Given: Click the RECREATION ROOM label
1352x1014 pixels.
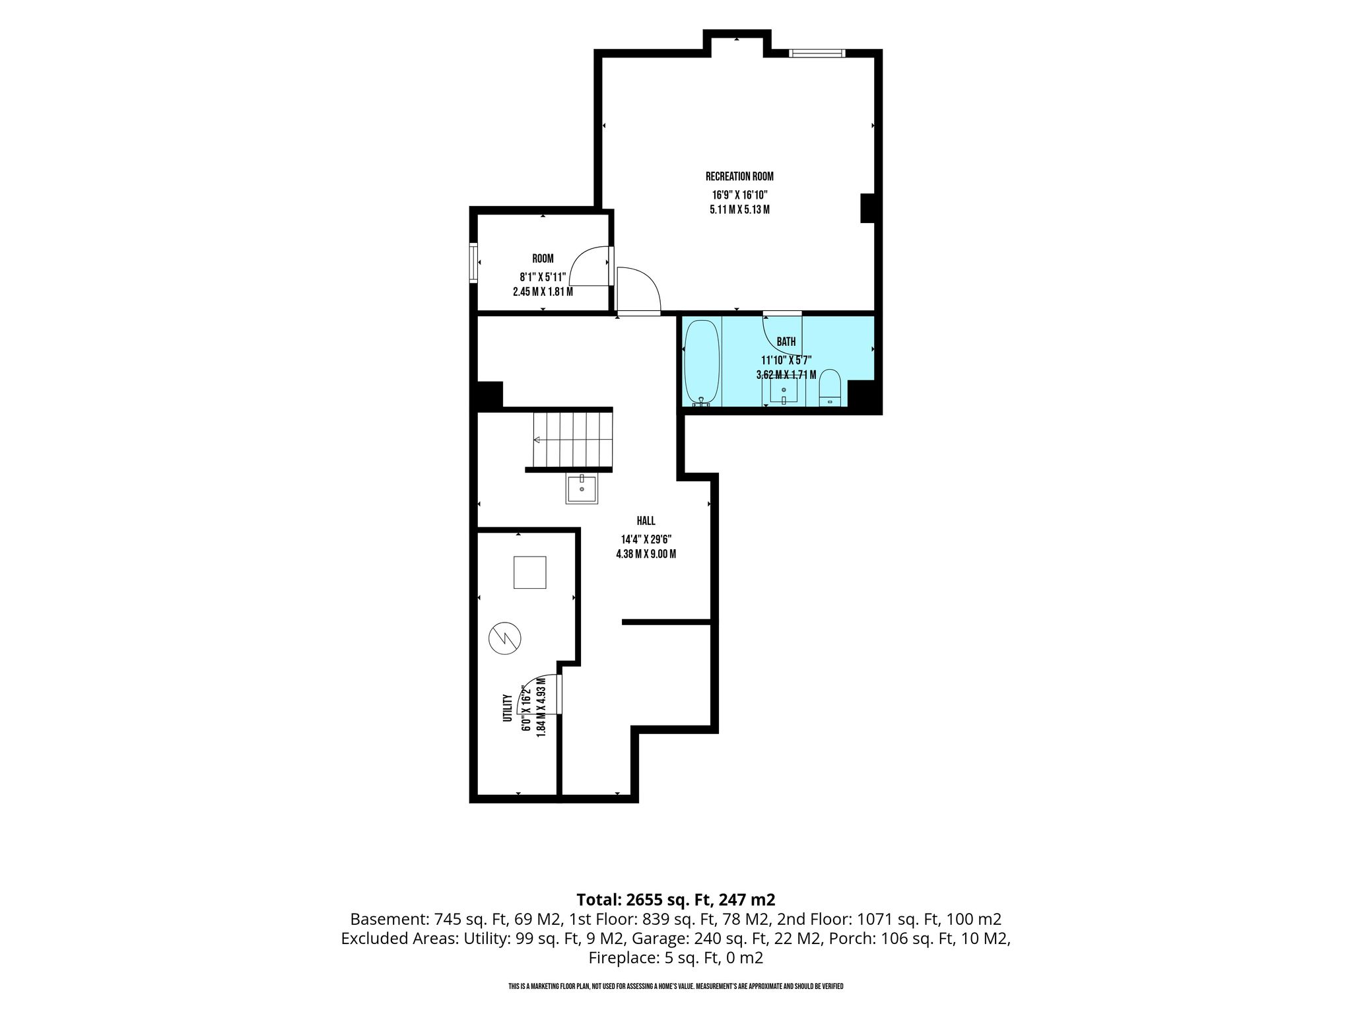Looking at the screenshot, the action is point(739,176).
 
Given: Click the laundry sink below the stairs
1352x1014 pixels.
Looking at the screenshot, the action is point(582,489).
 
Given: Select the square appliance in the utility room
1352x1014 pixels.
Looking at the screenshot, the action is point(530,572).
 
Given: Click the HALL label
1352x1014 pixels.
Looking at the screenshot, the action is point(646,521).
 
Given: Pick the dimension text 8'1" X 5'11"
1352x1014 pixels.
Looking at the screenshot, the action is point(543,277).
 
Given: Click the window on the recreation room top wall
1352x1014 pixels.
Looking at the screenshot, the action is point(817,53).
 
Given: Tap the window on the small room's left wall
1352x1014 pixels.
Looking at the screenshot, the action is point(473,263).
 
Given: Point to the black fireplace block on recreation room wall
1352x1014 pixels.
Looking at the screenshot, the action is point(867,208).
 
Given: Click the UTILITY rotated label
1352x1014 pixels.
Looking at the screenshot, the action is point(508,708).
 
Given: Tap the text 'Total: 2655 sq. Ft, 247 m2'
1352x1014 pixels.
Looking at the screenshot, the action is point(675,899).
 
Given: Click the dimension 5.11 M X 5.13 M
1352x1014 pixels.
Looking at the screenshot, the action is point(739,210).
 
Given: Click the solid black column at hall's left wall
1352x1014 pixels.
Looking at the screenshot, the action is point(489,394).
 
